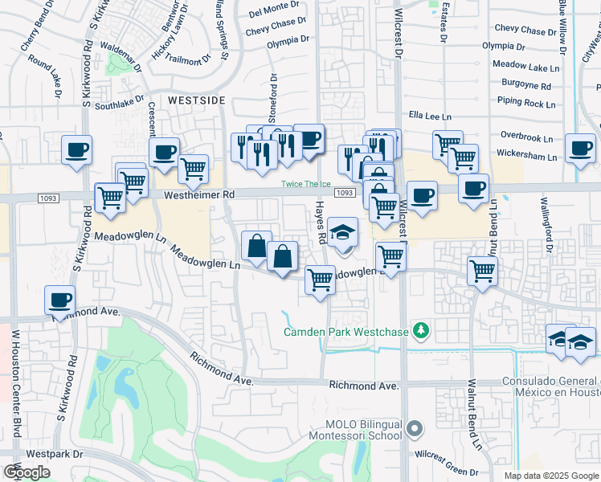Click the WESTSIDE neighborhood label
(197, 100)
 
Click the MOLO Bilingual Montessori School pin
(415, 429)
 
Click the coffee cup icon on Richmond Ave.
(59, 300)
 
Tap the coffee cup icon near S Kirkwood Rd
(76, 149)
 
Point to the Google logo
(27, 472)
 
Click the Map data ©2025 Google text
(550, 476)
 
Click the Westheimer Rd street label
(199, 194)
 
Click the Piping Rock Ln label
(525, 103)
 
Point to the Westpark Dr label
(55, 454)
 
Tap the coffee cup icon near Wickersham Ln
(579, 148)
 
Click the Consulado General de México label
(551, 387)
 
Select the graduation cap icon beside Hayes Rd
(342, 232)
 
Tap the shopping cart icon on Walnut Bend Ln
(482, 271)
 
